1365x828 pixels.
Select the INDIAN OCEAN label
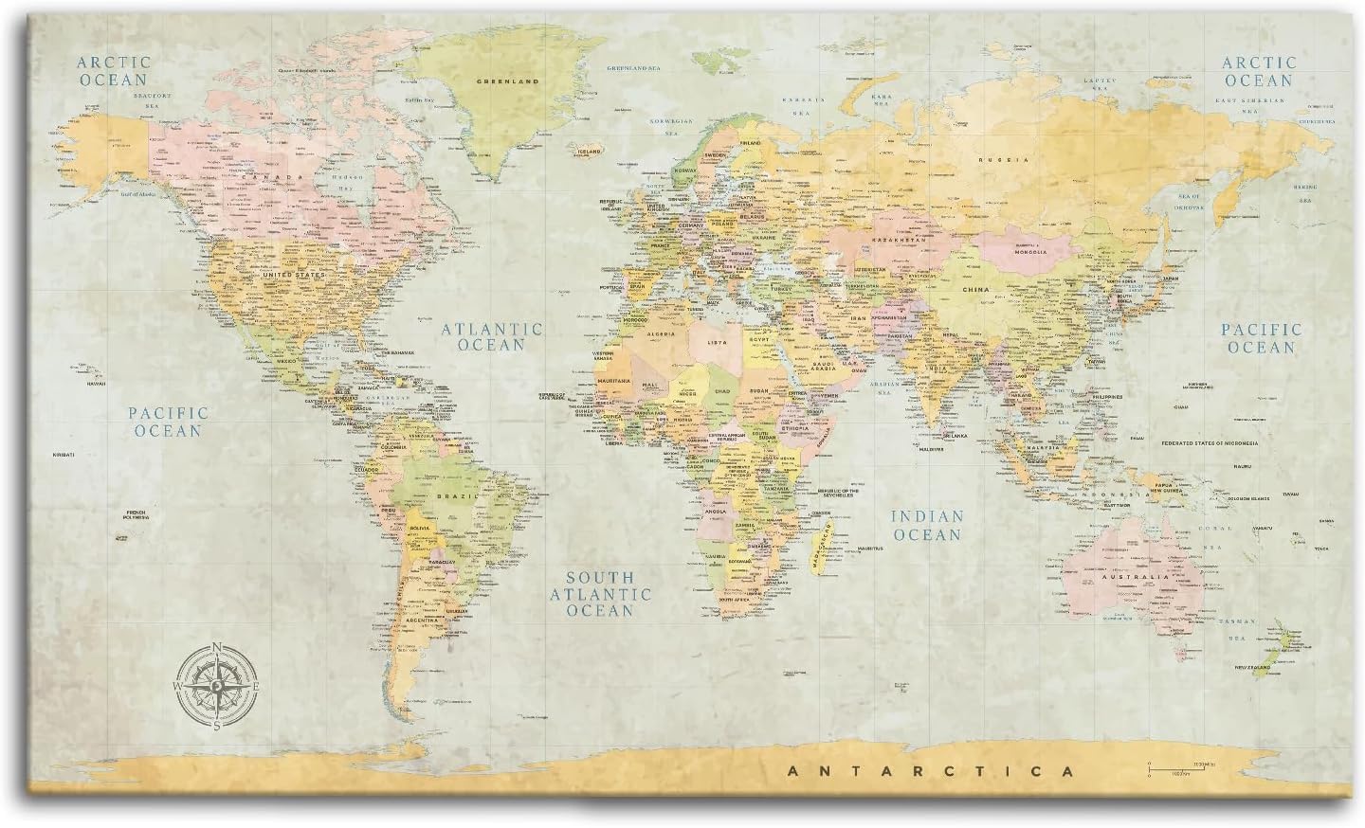[925, 526]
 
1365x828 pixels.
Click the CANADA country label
[260, 177]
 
